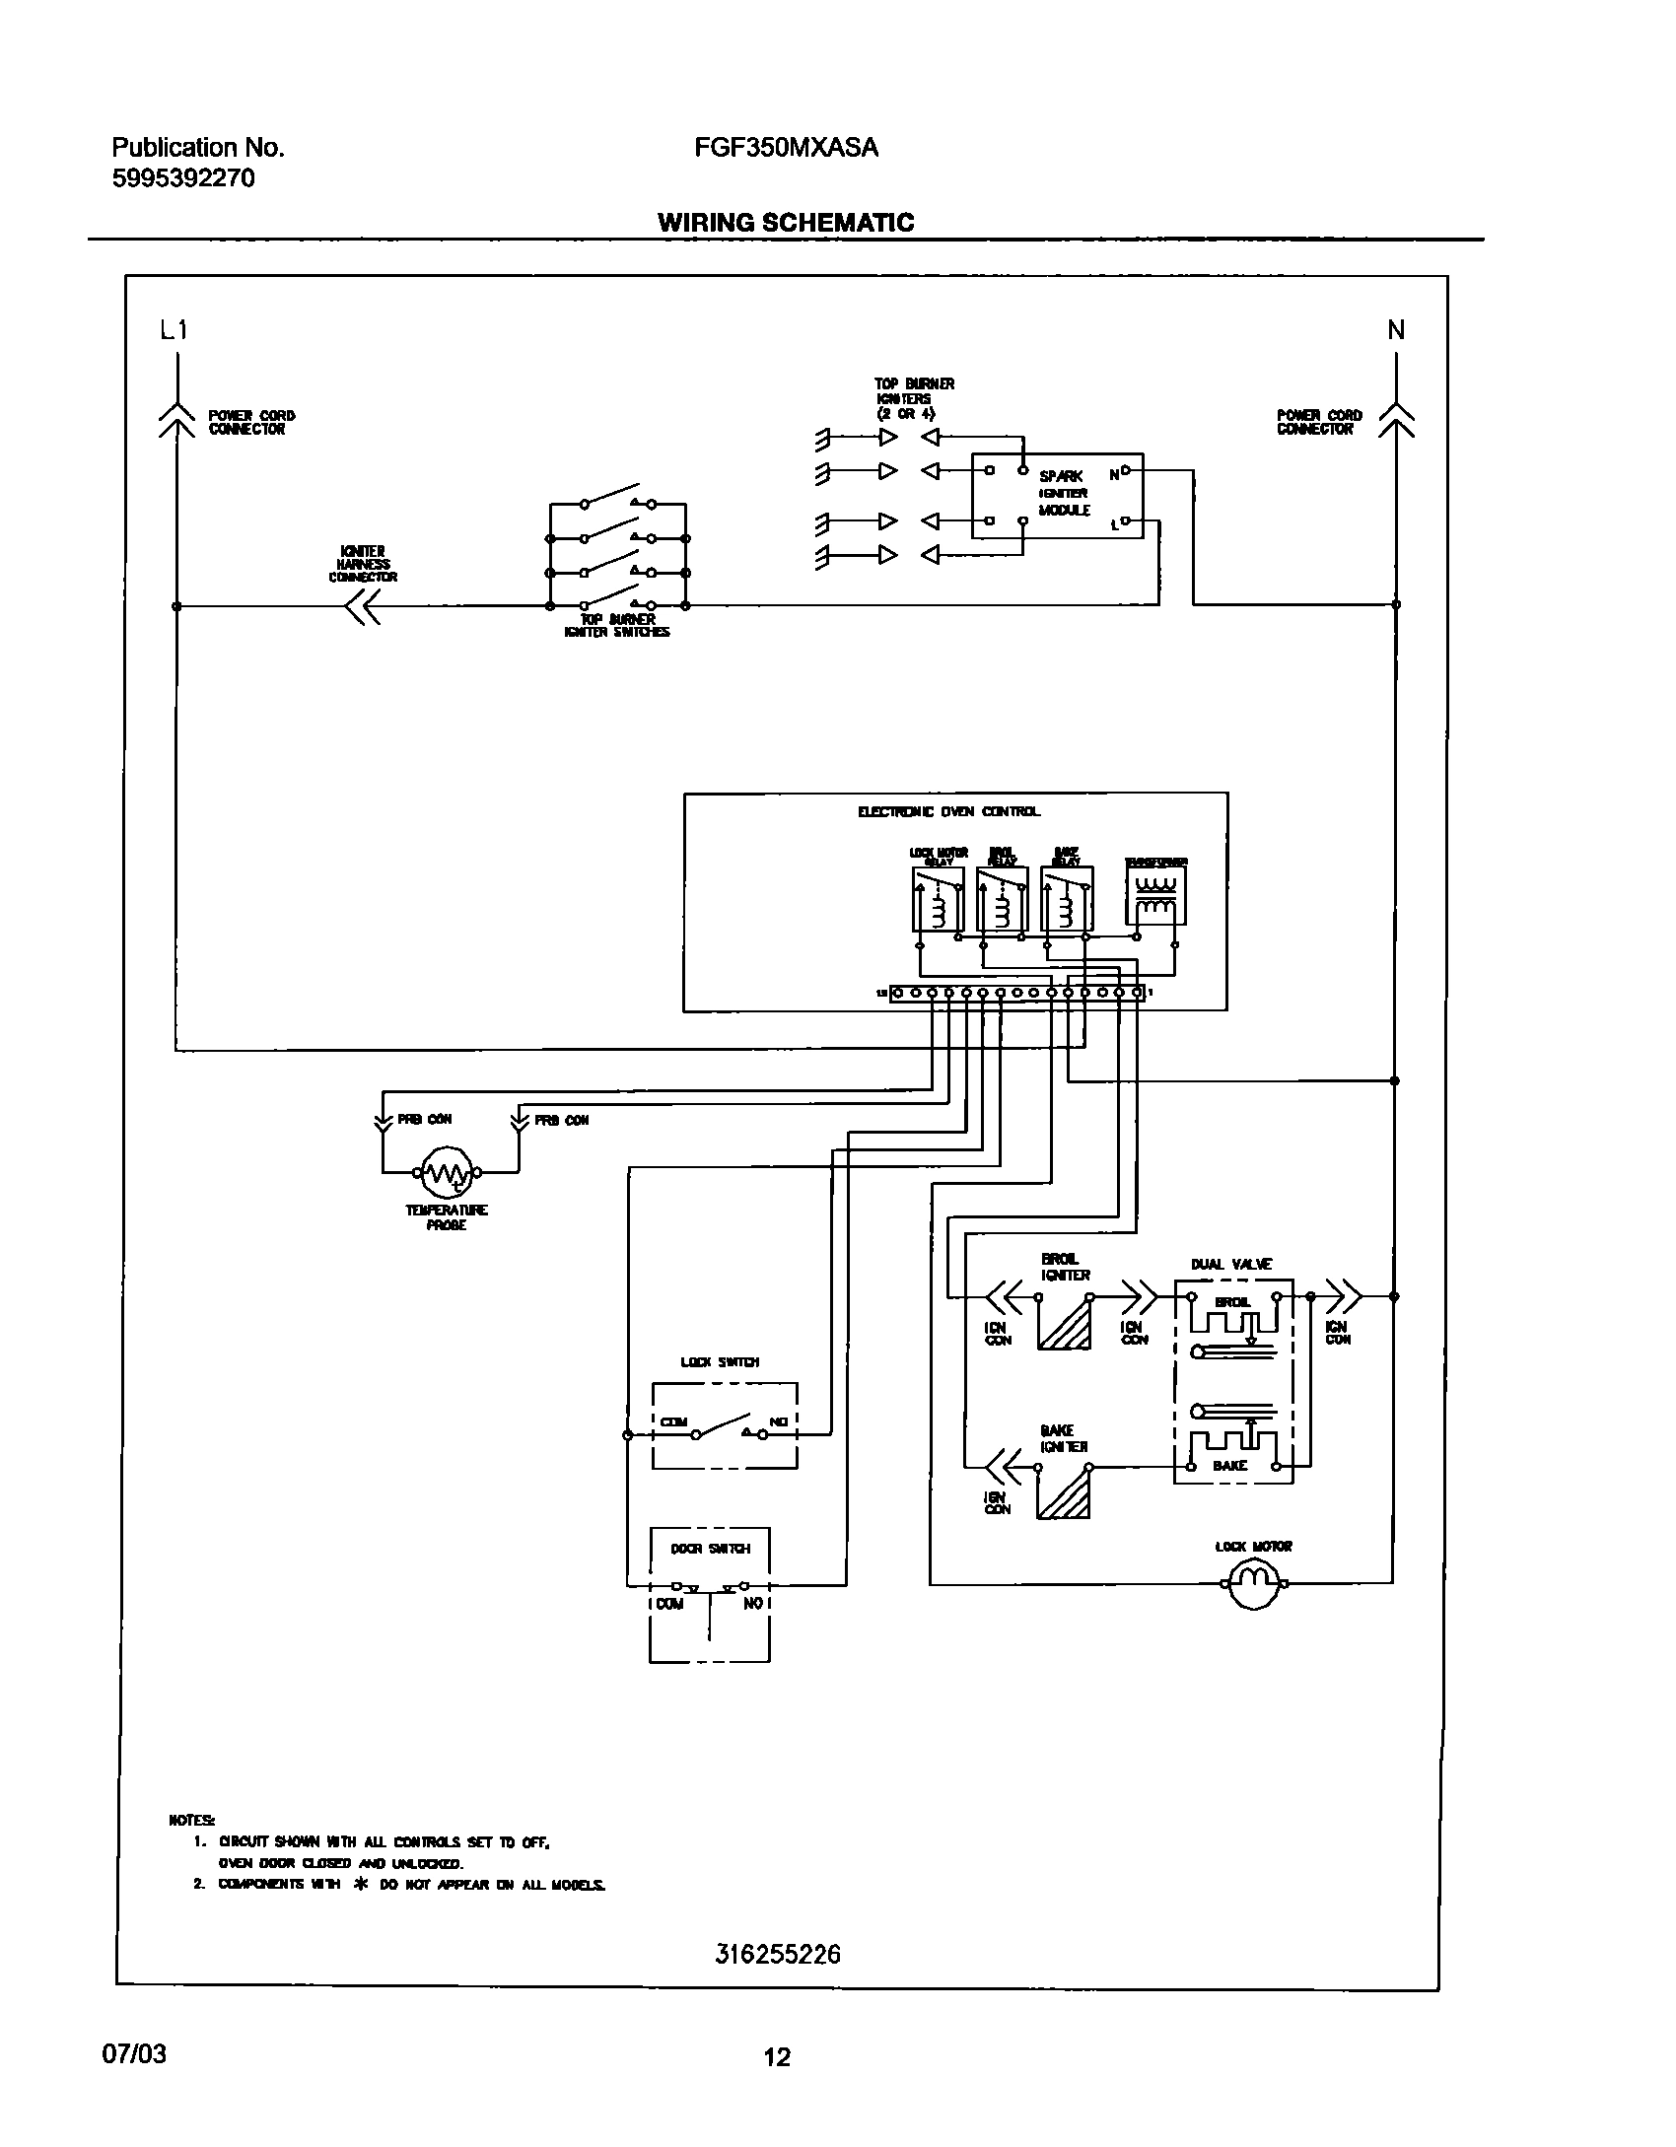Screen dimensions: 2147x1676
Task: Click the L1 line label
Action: click(174, 331)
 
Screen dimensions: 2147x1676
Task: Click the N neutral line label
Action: click(1396, 331)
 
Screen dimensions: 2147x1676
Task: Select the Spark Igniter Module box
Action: click(1057, 495)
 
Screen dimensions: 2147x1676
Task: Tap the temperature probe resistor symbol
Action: click(446, 1173)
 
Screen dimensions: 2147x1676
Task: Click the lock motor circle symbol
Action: click(1253, 1583)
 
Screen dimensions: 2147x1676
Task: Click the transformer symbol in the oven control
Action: click(1155, 895)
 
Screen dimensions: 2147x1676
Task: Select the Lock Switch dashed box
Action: click(725, 1425)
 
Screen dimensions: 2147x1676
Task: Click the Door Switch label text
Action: click(710, 1549)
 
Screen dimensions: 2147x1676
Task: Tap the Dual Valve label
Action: click(1231, 1264)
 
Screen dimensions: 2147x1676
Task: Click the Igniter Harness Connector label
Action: click(363, 564)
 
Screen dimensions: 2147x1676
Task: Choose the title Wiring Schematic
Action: click(786, 223)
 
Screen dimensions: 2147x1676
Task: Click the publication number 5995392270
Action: click(183, 178)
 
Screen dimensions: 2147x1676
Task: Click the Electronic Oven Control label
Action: click(948, 811)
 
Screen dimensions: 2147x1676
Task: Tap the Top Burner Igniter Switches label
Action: click(617, 626)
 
